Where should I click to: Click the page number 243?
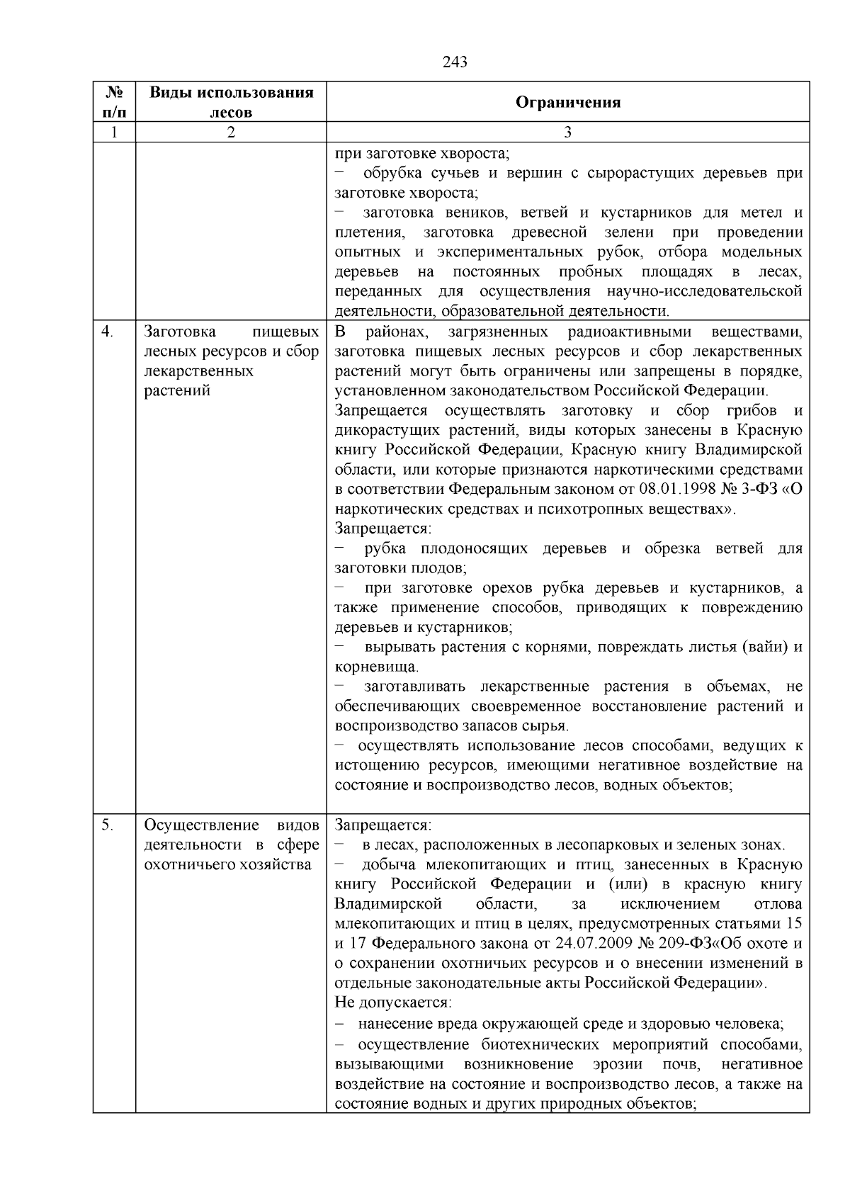(455, 62)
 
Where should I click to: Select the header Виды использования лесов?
(231, 102)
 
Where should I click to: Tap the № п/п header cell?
(114, 102)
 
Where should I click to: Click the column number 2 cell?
(231, 132)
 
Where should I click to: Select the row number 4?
(106, 332)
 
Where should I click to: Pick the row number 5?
(106, 825)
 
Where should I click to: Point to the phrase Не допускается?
(393, 1003)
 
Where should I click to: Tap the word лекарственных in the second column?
(198, 371)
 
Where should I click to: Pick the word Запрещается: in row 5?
(382, 825)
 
